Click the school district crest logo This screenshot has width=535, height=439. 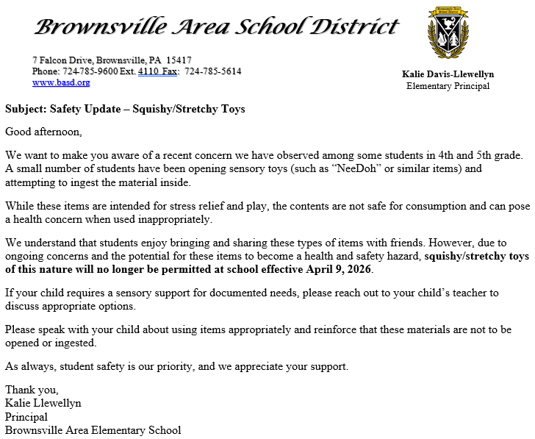click(448, 35)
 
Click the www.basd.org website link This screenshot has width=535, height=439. click(60, 82)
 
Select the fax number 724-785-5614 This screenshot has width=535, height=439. click(212, 71)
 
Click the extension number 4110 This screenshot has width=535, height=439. click(148, 71)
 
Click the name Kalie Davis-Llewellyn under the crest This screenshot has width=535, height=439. click(448, 74)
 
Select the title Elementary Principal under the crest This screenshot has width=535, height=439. click(448, 86)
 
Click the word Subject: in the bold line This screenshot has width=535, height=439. click(26, 109)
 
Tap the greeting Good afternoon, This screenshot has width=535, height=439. click(44, 132)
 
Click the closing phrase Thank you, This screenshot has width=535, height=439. click(32, 390)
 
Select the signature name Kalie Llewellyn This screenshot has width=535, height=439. click(43, 403)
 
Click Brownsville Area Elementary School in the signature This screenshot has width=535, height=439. click(93, 430)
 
